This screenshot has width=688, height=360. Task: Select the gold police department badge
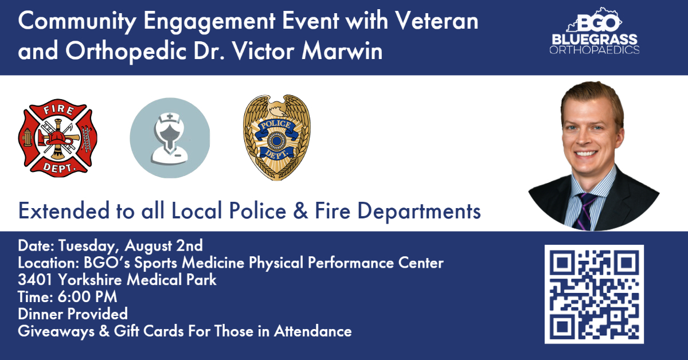pos(277,138)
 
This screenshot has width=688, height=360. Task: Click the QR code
pos(594,294)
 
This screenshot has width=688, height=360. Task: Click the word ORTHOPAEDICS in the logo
pos(594,50)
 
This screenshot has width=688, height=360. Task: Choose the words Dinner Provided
pos(73,314)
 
